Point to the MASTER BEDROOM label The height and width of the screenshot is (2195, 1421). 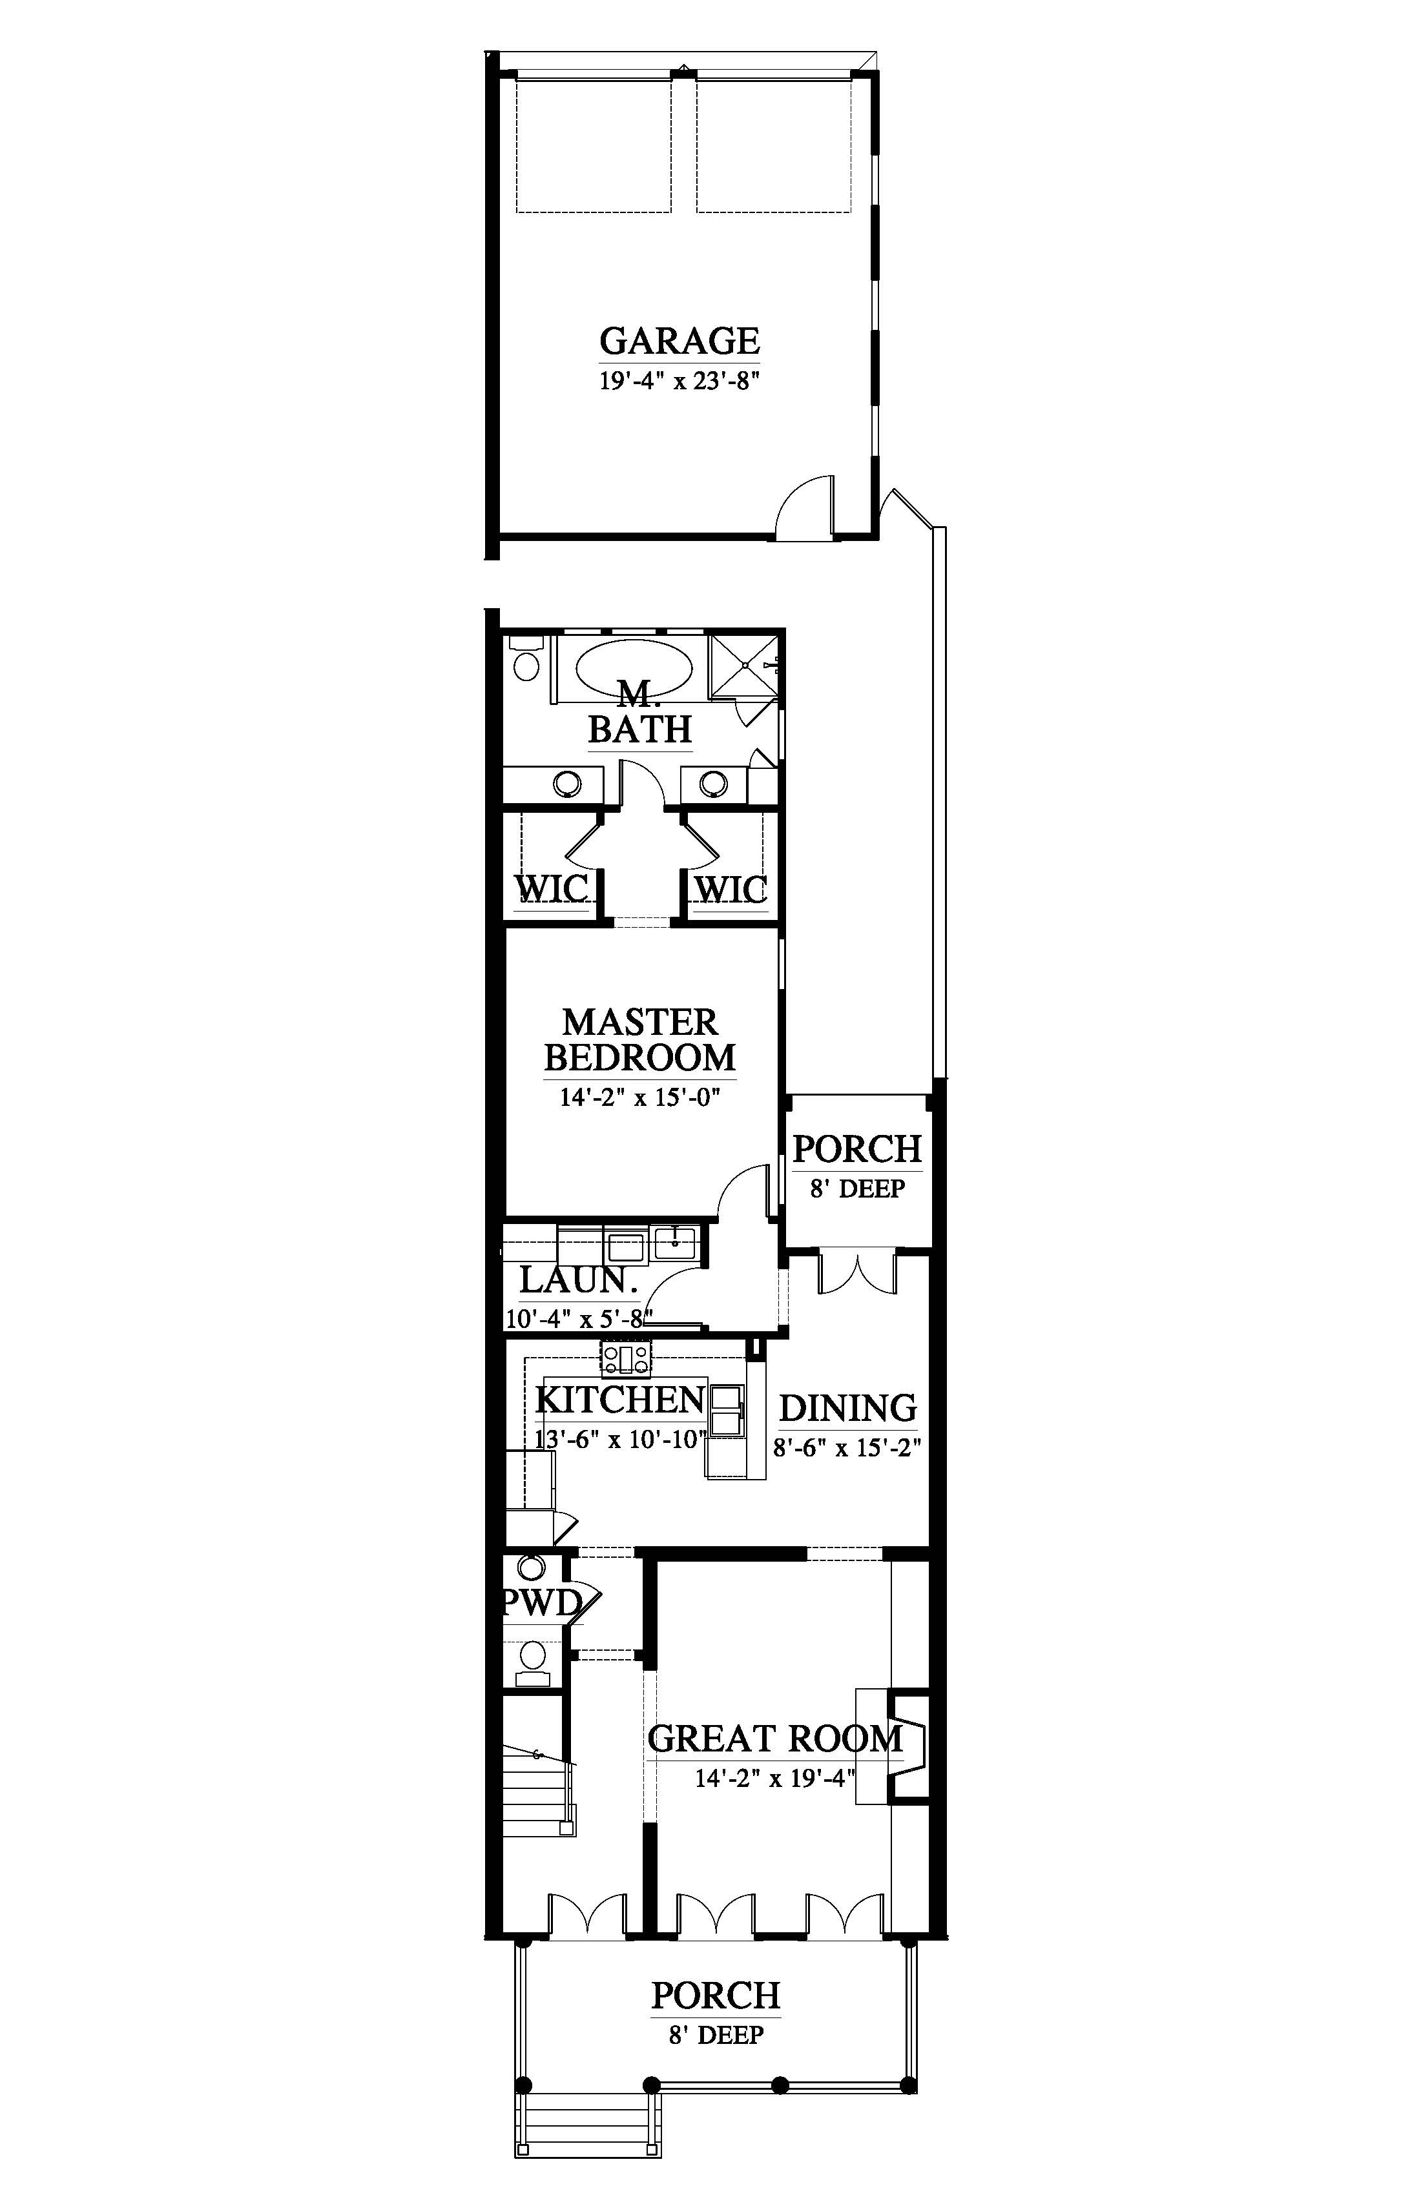(639, 1039)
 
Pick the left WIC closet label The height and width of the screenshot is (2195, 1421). (551, 889)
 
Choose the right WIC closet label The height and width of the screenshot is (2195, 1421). (730, 889)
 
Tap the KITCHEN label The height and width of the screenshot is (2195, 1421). (620, 1399)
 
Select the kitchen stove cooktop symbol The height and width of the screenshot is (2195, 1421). (627, 1356)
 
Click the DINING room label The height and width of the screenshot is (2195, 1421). (848, 1408)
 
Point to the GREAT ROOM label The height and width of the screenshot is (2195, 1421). (775, 1739)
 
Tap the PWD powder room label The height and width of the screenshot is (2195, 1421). (541, 1603)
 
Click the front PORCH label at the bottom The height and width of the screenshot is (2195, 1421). (716, 1995)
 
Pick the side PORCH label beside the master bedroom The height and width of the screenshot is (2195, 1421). (857, 1149)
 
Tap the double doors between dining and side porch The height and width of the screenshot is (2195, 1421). (856, 1272)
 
